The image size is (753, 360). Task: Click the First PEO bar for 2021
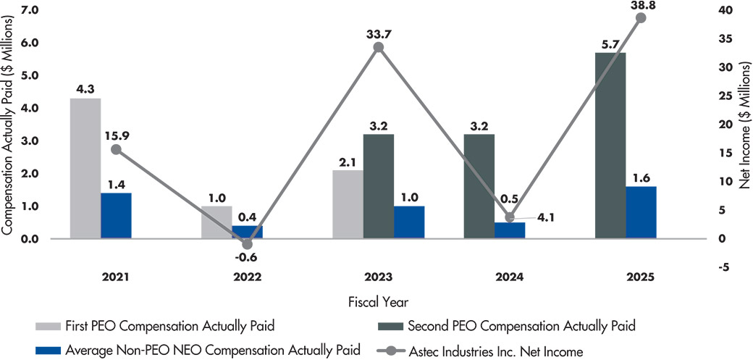pyautogui.click(x=85, y=168)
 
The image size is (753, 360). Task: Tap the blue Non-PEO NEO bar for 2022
pyautogui.click(x=248, y=232)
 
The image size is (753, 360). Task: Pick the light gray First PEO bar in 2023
pyautogui.click(x=348, y=204)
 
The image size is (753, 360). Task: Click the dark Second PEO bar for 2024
pyautogui.click(x=479, y=186)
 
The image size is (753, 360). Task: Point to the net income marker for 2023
pyautogui.click(x=378, y=47)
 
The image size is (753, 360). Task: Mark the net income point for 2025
pyautogui.click(x=641, y=18)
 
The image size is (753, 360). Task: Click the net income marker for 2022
pyautogui.click(x=247, y=244)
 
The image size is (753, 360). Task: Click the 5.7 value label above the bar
pyautogui.click(x=610, y=45)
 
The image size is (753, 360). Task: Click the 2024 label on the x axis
pyautogui.click(x=510, y=277)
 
